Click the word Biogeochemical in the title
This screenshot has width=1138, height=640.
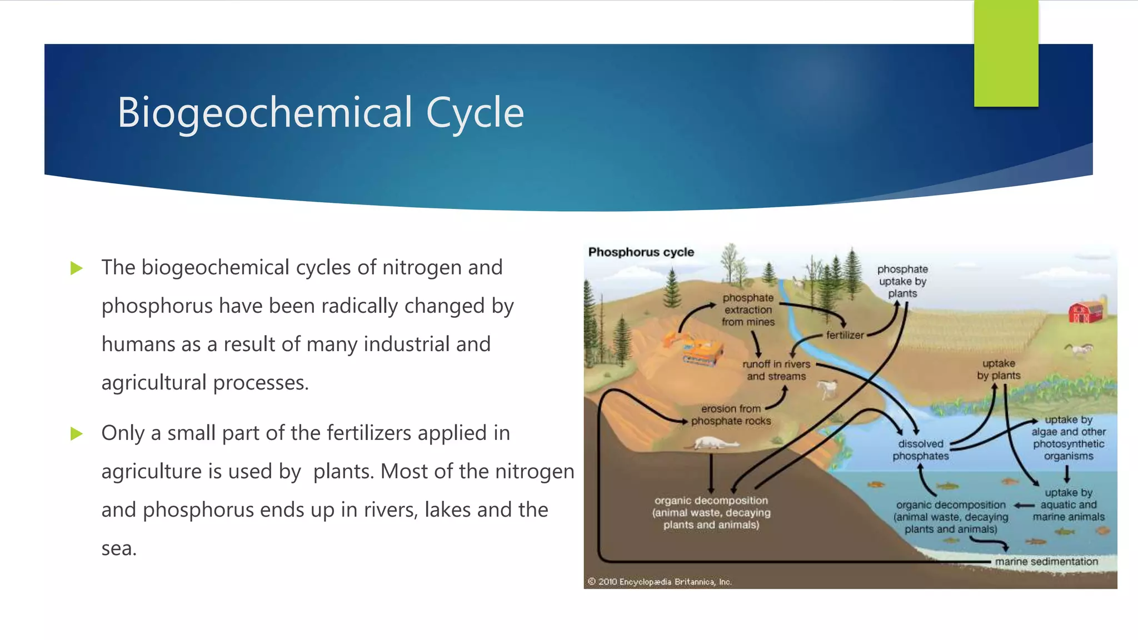264,113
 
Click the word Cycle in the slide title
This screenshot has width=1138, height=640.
475,113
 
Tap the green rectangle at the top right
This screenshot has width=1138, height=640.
1006,54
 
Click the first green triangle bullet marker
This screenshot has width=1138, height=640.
77,269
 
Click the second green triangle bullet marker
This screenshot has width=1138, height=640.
77,434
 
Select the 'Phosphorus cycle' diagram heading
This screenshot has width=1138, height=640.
641,252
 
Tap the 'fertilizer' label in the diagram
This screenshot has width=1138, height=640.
845,335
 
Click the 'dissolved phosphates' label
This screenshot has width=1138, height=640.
920,450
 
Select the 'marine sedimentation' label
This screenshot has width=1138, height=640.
1046,562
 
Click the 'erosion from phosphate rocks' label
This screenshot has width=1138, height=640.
731,415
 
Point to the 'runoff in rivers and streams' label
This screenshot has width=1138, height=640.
776,370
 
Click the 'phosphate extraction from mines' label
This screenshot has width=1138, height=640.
748,310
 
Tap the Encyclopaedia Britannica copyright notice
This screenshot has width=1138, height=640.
660,582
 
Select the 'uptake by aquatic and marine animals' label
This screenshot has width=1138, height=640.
1068,504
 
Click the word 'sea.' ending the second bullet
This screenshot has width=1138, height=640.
119,549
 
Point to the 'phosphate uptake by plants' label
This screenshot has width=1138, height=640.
902,281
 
